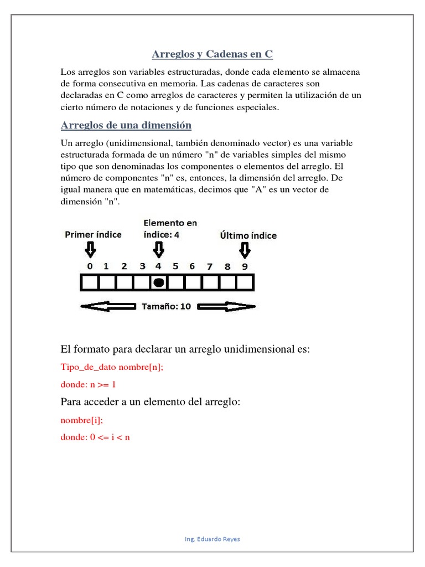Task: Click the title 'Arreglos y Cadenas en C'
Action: coord(212,54)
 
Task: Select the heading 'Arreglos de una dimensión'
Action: coord(126,125)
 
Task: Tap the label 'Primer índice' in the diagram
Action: coord(93,234)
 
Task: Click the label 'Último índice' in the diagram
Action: coord(248,235)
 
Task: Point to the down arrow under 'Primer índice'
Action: coord(90,251)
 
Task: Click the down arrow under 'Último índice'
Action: coord(244,251)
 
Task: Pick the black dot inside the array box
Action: coord(159,283)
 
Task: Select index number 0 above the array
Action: coord(90,266)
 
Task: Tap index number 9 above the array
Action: coord(244,266)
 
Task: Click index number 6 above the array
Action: coord(192,266)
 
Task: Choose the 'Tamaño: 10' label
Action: coord(167,306)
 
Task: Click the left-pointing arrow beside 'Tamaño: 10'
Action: coord(108,306)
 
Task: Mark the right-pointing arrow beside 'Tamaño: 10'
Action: coord(226,306)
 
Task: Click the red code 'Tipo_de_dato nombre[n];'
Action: coord(111,367)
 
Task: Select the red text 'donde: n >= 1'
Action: coord(88,384)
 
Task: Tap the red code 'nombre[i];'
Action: coord(81,420)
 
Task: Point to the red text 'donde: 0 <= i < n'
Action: coord(95,437)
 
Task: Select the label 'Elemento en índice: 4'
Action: coord(170,229)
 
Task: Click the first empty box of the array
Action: coord(90,283)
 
